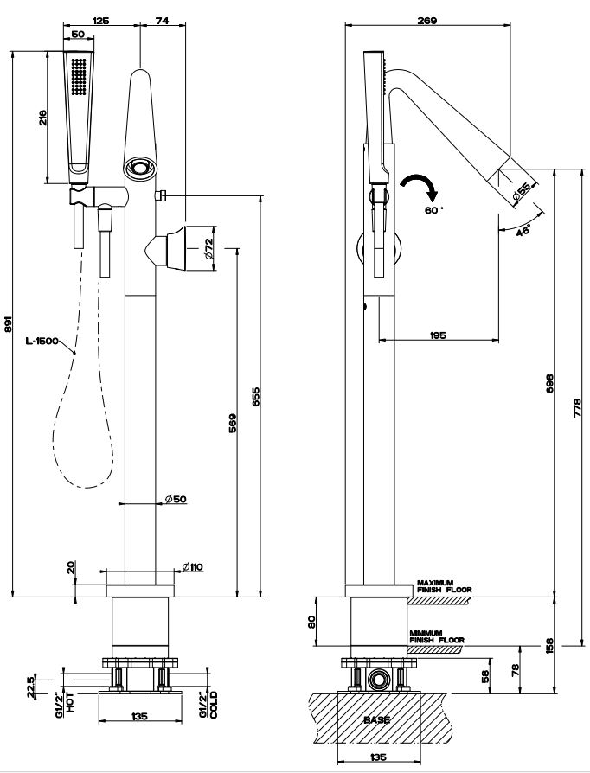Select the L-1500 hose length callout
coord(42,342)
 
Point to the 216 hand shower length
coord(42,118)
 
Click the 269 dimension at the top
coord(426,19)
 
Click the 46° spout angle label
coord(523,231)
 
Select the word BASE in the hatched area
coord(376,719)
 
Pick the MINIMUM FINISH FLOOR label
coord(438,636)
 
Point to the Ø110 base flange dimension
coord(192,566)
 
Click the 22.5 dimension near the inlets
coord(31,687)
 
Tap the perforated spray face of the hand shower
coord(80,76)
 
